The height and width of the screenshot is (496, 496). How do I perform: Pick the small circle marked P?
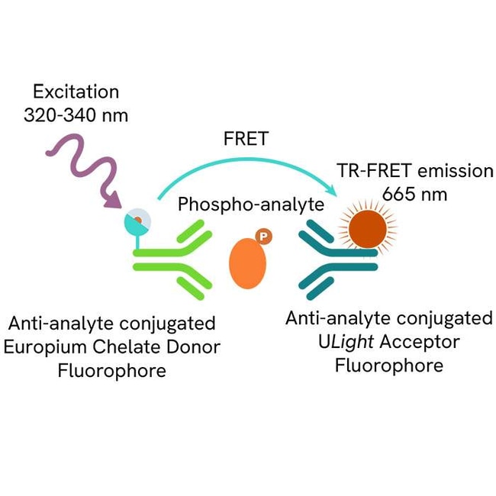pyautogui.click(x=263, y=237)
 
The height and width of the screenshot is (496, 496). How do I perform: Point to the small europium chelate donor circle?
pyautogui.click(x=137, y=221)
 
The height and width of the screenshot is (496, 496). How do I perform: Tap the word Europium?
pyautogui.click(x=40, y=347)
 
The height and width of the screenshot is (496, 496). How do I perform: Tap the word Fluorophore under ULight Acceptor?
pyautogui.click(x=389, y=366)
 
